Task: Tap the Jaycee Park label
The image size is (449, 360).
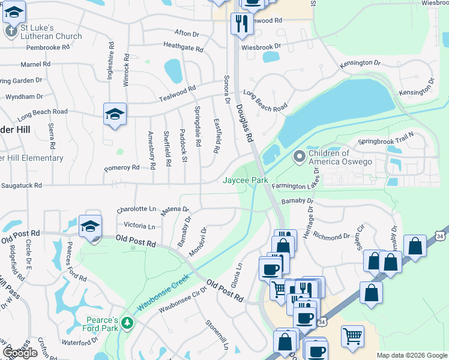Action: pyautogui.click(x=246, y=180)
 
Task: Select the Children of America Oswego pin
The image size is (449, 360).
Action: pyautogui.click(x=299, y=157)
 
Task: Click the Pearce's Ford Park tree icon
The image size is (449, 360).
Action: pyautogui.click(x=126, y=323)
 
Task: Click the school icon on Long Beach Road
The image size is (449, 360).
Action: pyautogui.click(x=115, y=115)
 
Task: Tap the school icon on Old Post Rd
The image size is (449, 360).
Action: pyautogui.click(x=90, y=227)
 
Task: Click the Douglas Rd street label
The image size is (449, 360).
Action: pyautogui.click(x=244, y=122)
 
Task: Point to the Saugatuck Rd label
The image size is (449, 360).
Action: pyautogui.click(x=21, y=185)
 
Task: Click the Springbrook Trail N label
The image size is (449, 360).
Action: pyautogui.click(x=386, y=141)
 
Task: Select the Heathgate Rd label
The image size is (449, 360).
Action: pyautogui.click(x=183, y=46)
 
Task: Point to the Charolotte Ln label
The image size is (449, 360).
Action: pyautogui.click(x=136, y=209)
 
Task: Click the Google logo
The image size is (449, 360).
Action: pyautogui.click(x=20, y=352)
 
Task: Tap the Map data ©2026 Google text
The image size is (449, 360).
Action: pyautogui.click(x=412, y=355)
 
